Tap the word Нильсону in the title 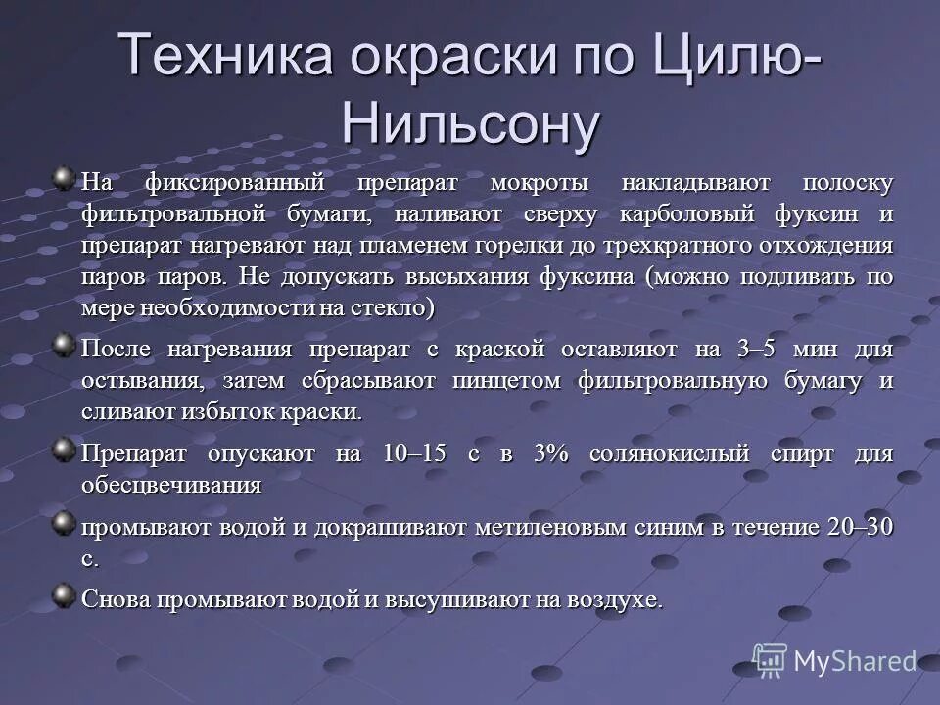click(470, 123)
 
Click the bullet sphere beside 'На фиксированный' click(64, 179)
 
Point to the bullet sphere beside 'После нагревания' click(64, 345)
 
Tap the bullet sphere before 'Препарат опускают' click(64, 449)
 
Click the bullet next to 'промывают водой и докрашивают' click(64, 522)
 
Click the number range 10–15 click(414, 454)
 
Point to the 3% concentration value click(552, 454)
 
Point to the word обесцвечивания click(170, 485)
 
